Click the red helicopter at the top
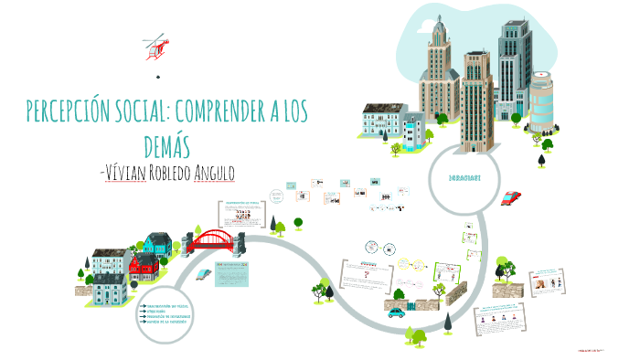[x=156, y=47]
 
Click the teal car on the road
[x=395, y=312]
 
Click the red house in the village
[x=143, y=266]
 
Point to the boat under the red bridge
[x=213, y=269]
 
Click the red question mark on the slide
[x=364, y=272]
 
